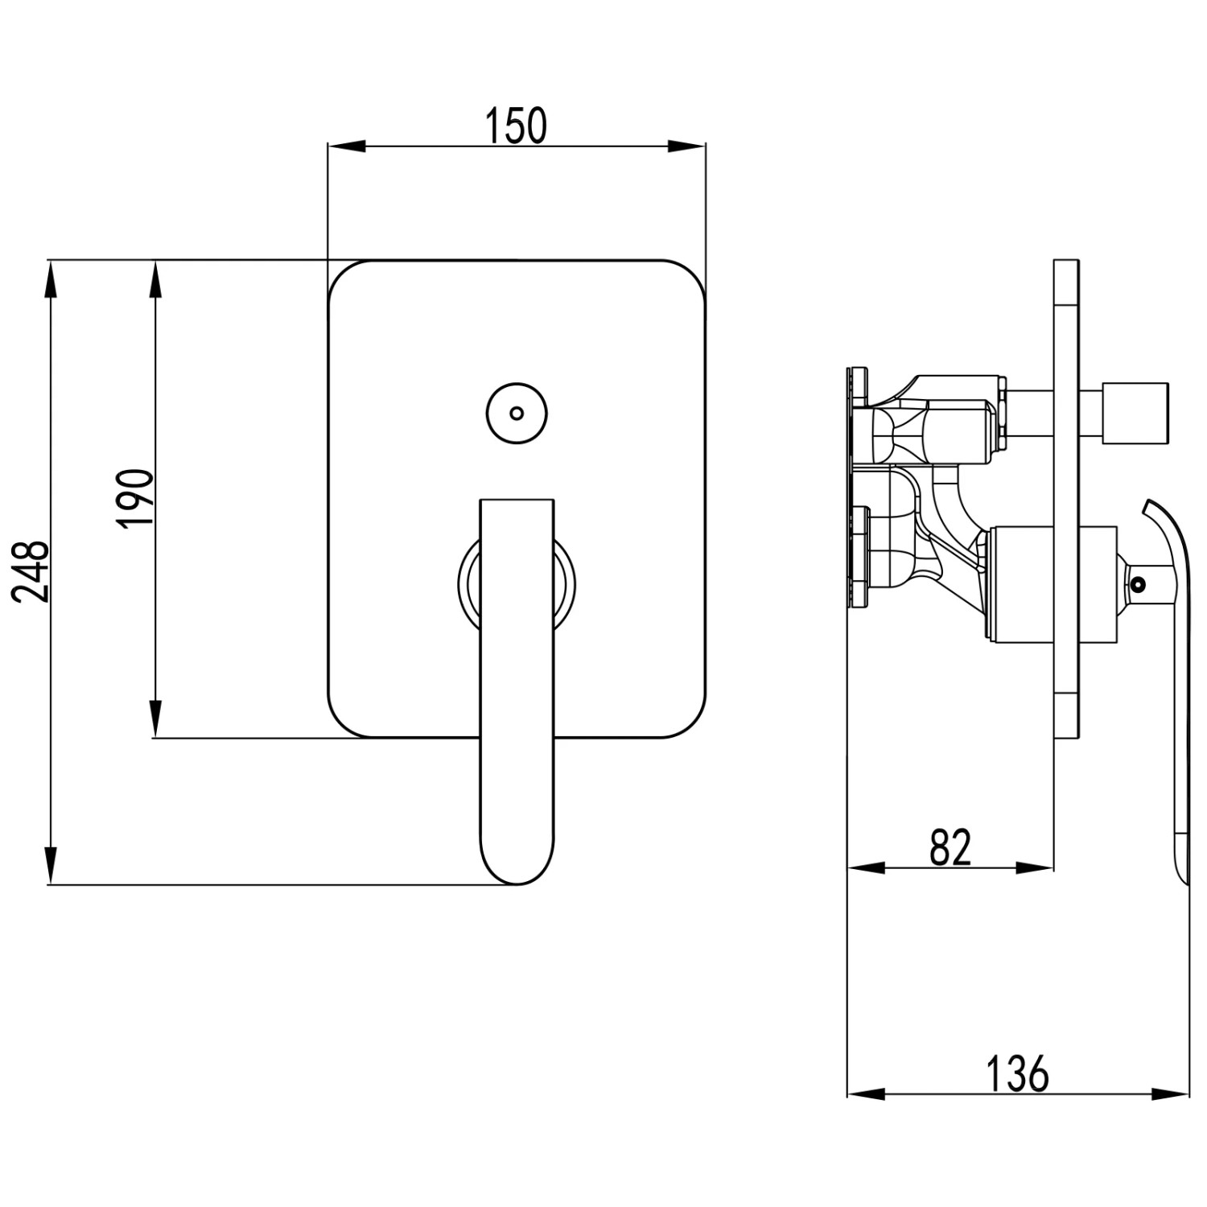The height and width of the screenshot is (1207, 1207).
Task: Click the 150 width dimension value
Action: tap(516, 125)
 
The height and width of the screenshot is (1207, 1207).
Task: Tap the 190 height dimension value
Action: tap(134, 498)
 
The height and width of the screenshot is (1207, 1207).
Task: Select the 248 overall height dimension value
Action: tap(31, 571)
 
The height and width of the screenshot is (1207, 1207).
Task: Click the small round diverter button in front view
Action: tap(517, 413)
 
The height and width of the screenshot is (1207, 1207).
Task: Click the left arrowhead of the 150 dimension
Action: tap(347, 146)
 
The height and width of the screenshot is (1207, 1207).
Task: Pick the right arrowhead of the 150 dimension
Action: tap(686, 146)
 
